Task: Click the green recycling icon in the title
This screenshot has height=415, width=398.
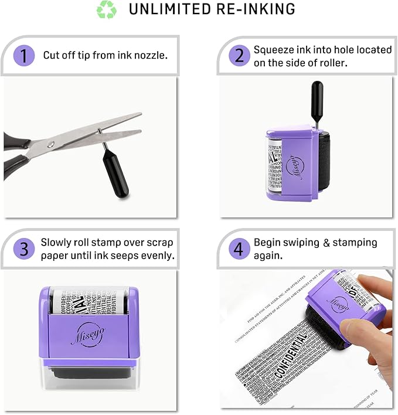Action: pyautogui.click(x=106, y=10)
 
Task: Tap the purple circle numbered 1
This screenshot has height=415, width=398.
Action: pyautogui.click(x=24, y=56)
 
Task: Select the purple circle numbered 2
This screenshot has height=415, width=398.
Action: pyautogui.click(x=239, y=56)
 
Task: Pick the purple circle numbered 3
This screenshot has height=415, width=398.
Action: pyautogui.click(x=24, y=249)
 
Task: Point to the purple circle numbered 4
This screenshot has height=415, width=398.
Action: pyautogui.click(x=239, y=249)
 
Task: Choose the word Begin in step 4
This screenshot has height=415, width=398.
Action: pyautogui.click(x=267, y=243)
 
